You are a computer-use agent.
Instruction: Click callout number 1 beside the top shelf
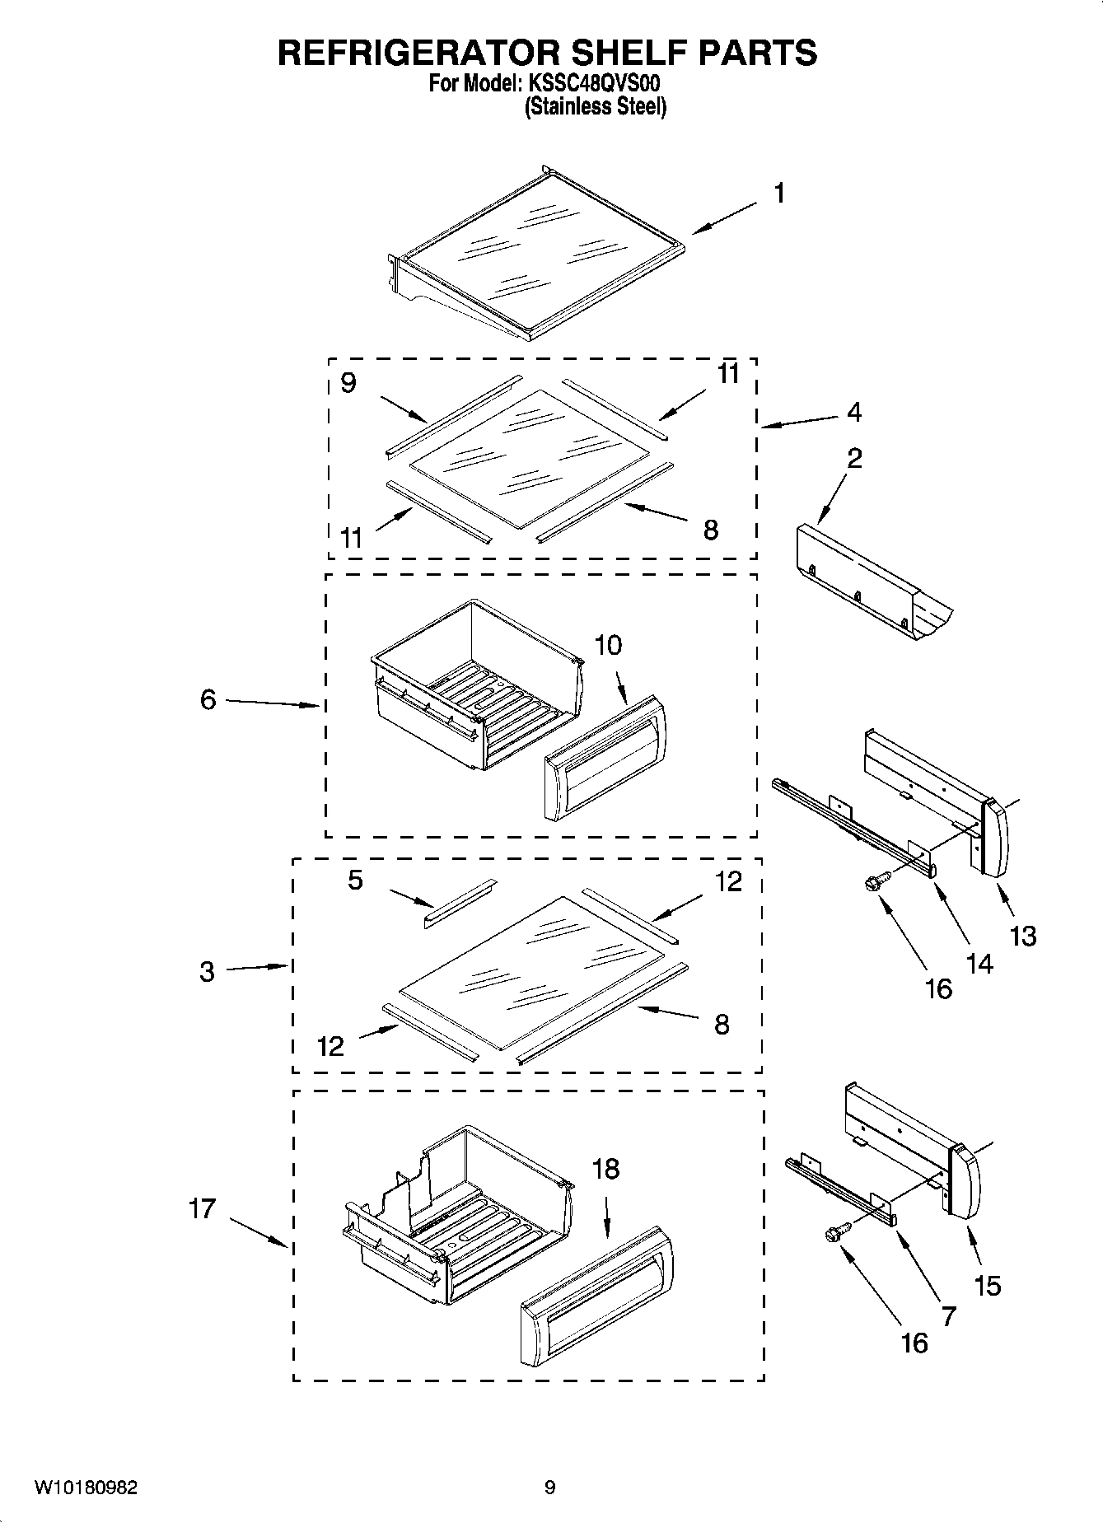click(x=778, y=194)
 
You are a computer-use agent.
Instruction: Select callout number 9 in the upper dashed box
click(x=348, y=383)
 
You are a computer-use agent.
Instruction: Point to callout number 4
click(x=854, y=412)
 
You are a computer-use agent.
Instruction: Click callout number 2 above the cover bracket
click(x=854, y=458)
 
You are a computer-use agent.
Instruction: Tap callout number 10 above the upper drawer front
click(x=608, y=646)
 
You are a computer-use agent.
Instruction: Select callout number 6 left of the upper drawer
click(x=208, y=699)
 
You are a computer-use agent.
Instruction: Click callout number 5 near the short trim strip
click(x=355, y=880)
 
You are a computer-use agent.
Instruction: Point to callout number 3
click(x=207, y=971)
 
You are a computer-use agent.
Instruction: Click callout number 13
click(x=1022, y=936)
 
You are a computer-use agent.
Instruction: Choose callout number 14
click(x=979, y=963)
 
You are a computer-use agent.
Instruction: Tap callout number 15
click(x=987, y=1285)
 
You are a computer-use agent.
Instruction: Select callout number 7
click(x=948, y=1316)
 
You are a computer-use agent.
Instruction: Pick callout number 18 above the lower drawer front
click(x=605, y=1169)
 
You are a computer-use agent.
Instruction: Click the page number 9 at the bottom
click(x=549, y=1488)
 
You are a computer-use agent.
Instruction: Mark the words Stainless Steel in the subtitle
click(x=596, y=106)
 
